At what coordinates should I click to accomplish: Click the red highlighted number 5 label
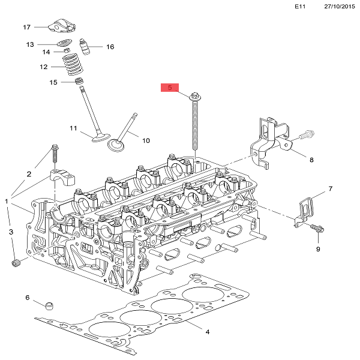pyautogui.click(x=170, y=88)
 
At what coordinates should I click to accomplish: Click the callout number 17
pyautogui.click(x=26, y=28)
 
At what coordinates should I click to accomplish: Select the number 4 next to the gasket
pyautogui.click(x=207, y=332)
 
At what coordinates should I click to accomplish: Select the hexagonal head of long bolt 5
pyautogui.click(x=195, y=96)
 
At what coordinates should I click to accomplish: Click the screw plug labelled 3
pyautogui.click(x=17, y=263)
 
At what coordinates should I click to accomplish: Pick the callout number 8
pyautogui.click(x=311, y=160)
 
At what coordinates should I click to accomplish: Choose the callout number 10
pyautogui.click(x=146, y=140)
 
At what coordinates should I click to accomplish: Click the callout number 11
pyautogui.click(x=73, y=128)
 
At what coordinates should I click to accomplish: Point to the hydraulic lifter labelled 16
pyautogui.click(x=85, y=46)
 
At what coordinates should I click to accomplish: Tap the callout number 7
pyautogui.click(x=329, y=190)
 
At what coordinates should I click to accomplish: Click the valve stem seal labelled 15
pyautogui.click(x=78, y=81)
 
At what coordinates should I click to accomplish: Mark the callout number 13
pyautogui.click(x=30, y=45)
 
